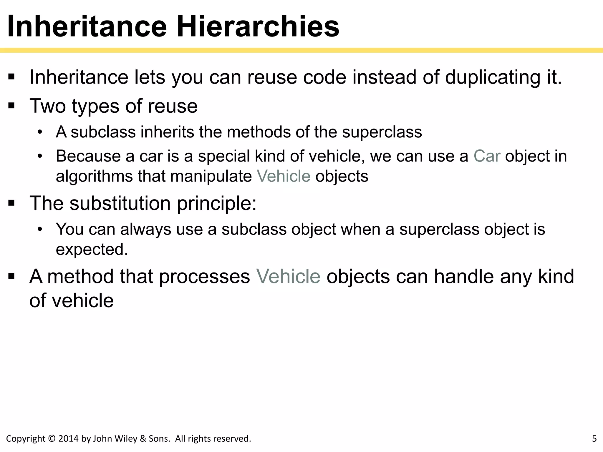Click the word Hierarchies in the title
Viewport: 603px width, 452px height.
258,26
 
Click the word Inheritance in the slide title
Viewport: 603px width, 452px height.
87,26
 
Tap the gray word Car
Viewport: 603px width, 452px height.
487,156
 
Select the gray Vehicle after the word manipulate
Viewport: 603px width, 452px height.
284,176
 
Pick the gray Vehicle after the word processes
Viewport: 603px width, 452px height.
288,277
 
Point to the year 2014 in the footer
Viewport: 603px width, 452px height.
69,438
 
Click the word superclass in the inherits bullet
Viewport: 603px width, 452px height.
382,132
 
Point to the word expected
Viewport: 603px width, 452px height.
92,250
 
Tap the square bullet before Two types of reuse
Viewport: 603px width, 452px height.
11,106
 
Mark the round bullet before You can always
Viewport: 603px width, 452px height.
40,229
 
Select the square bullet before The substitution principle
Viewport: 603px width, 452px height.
11,203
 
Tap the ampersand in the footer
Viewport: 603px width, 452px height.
143,438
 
